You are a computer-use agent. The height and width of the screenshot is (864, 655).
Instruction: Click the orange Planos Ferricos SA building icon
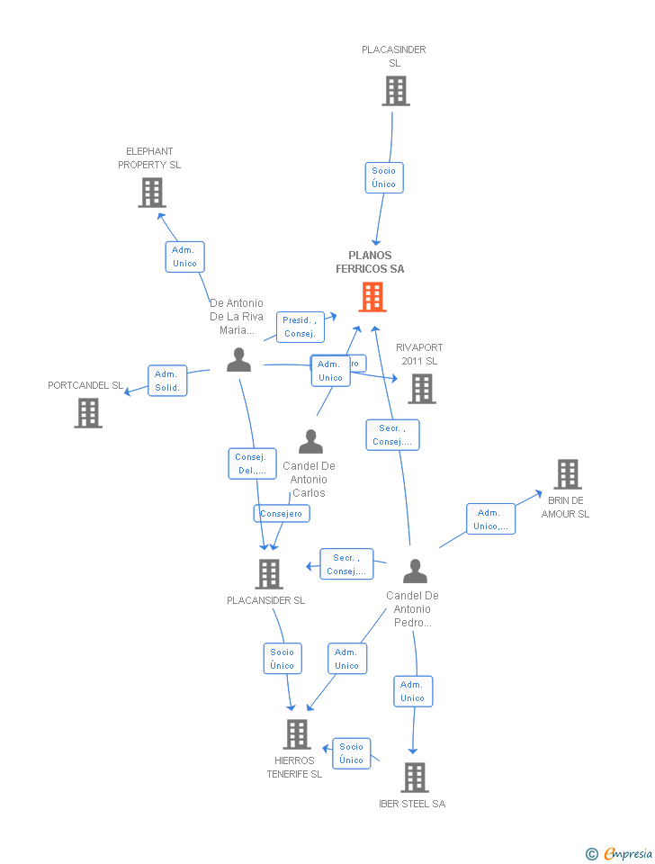pyautogui.click(x=372, y=297)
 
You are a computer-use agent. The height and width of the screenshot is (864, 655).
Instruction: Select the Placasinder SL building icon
pyautogui.click(x=395, y=91)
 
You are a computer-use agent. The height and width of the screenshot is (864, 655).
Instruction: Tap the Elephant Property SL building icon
pyautogui.click(x=152, y=193)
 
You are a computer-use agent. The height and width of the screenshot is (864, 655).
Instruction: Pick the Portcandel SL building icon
pyautogui.click(x=88, y=412)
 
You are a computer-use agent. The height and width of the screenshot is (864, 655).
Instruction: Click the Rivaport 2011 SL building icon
pyautogui.click(x=422, y=388)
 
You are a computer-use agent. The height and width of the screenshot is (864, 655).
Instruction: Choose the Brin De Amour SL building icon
pyautogui.click(x=567, y=474)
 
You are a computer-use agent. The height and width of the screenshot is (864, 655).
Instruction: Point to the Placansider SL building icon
pyautogui.click(x=268, y=573)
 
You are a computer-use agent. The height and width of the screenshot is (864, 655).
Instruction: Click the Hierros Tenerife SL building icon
pyautogui.click(x=297, y=734)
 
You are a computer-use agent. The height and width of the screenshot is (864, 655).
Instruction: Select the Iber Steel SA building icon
pyautogui.click(x=414, y=777)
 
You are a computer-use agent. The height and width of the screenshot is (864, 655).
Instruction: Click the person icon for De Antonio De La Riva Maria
pyautogui.click(x=238, y=359)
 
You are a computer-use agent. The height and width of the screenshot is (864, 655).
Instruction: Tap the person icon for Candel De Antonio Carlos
pyautogui.click(x=310, y=442)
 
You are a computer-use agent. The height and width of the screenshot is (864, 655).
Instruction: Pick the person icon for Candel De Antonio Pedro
pyautogui.click(x=414, y=571)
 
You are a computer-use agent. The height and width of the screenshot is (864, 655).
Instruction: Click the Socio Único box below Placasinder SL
pyautogui.click(x=383, y=177)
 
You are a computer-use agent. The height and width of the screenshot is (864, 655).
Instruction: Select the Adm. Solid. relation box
pyautogui.click(x=167, y=381)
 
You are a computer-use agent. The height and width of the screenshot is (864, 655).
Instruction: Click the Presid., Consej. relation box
pyautogui.click(x=300, y=327)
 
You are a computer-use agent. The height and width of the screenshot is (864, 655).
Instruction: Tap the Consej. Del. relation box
pyautogui.click(x=252, y=463)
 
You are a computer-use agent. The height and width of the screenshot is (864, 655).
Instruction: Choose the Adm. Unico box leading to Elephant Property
pyautogui.click(x=184, y=256)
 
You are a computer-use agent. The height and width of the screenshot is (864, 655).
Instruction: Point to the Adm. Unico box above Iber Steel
pyautogui.click(x=412, y=691)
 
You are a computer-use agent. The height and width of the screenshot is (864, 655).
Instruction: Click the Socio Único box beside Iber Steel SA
pyautogui.click(x=352, y=753)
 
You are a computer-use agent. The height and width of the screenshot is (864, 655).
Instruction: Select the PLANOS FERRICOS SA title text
pyautogui.click(x=370, y=262)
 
